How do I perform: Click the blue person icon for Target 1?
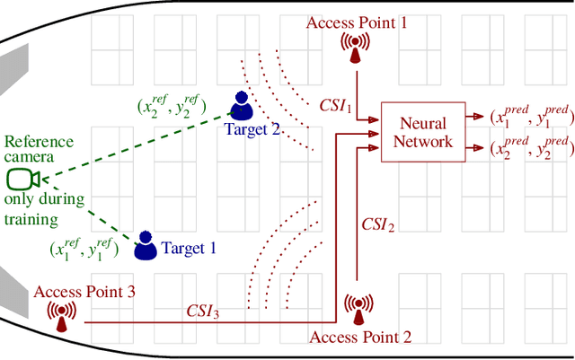[x=145, y=245]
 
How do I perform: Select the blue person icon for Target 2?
[x=241, y=106]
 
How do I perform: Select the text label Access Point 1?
[x=357, y=22]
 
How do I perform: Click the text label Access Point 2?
[x=360, y=338]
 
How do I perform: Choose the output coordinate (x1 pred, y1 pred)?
[x=531, y=116]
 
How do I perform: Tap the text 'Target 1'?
[x=189, y=247]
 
